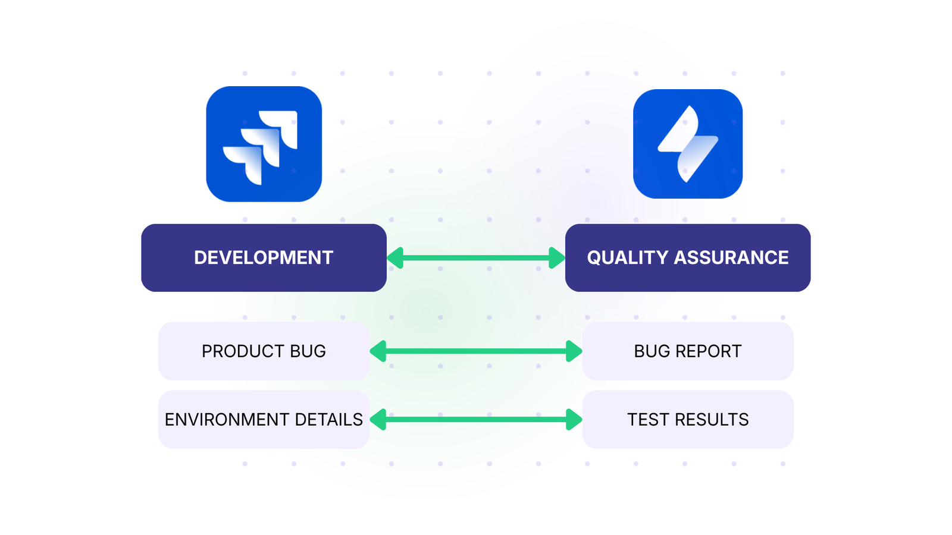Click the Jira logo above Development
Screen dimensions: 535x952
click(264, 144)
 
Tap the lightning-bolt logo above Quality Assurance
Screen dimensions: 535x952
click(687, 144)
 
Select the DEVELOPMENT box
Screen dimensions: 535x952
click(264, 257)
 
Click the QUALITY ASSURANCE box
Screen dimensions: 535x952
click(687, 257)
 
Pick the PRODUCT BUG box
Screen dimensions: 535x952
click(264, 351)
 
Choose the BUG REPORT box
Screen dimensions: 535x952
click(687, 351)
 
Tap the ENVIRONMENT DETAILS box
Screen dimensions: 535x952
click(264, 419)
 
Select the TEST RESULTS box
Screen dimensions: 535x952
click(687, 419)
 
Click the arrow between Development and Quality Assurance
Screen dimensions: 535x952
click(476, 257)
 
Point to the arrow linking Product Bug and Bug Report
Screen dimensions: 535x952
click(476, 351)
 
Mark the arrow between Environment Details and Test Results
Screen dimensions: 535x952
click(476, 419)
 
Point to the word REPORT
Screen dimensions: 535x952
click(712, 351)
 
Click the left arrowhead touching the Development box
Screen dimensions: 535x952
click(396, 257)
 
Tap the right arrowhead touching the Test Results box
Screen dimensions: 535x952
click(574, 419)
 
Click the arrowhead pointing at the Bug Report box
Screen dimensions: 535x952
click(574, 351)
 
